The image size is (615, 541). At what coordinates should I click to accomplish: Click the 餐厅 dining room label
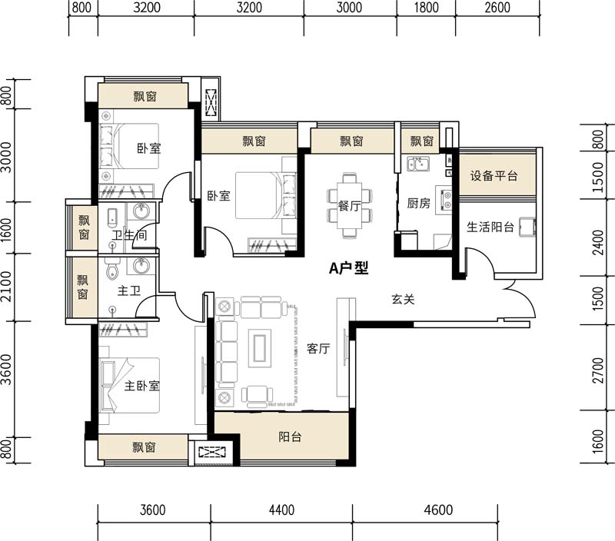click(x=350, y=205)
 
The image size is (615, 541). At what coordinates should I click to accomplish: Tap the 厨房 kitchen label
click(x=418, y=204)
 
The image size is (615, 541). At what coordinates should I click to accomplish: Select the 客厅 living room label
click(x=318, y=349)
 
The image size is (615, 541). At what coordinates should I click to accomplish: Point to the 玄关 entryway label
click(x=403, y=300)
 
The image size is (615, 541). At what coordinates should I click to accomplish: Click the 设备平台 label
click(x=494, y=176)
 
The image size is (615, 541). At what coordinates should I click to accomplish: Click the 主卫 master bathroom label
click(x=127, y=292)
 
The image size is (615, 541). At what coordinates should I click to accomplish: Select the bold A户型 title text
click(x=349, y=268)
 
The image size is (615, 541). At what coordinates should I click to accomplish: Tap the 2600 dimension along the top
click(x=497, y=8)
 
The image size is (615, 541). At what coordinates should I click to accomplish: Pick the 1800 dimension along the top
click(x=426, y=8)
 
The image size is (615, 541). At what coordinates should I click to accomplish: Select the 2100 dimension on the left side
click(x=7, y=287)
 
